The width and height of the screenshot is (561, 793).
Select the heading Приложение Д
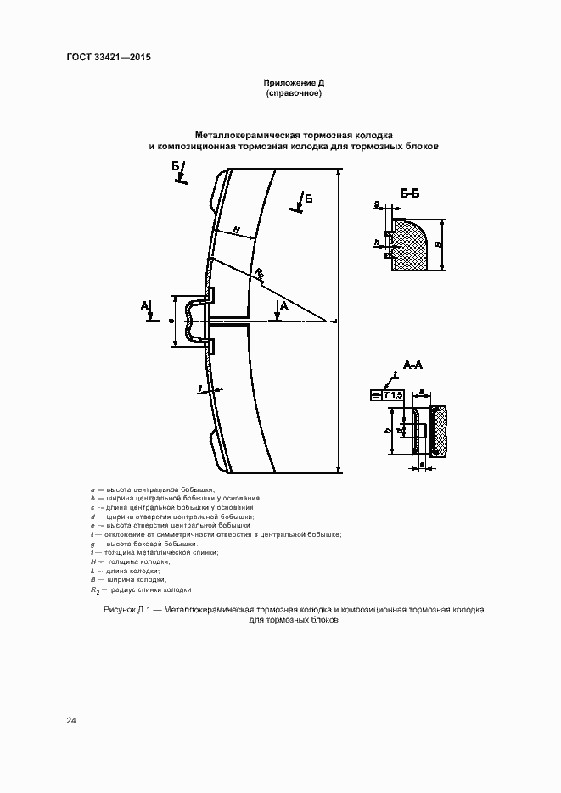point(295,83)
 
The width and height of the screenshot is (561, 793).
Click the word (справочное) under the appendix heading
point(294,93)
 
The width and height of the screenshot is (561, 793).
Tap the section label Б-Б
point(409,195)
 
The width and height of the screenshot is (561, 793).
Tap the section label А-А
point(412,366)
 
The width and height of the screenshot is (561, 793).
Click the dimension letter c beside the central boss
point(171,321)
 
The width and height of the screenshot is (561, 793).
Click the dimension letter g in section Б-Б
point(375,204)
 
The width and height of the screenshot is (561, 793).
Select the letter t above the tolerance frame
point(396,374)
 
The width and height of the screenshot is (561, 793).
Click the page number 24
point(71,721)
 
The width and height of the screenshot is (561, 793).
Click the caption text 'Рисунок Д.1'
point(126,610)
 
